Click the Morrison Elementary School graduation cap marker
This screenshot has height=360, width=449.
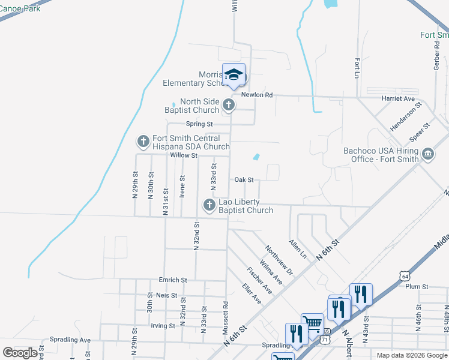234,75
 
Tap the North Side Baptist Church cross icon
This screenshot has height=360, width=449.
228,106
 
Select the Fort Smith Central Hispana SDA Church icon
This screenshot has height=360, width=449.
143,142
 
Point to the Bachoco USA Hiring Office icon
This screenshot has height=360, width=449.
428,155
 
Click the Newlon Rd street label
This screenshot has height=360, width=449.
257,95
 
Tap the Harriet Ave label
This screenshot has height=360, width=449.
398,98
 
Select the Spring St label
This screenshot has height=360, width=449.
199,124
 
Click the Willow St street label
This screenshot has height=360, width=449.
184,155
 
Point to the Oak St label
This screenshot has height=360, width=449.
244,179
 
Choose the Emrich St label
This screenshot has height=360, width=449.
173,280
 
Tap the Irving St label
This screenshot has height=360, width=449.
163,326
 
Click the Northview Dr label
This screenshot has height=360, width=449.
279,261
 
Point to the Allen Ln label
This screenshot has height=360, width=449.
298,249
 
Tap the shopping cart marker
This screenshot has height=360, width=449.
312,323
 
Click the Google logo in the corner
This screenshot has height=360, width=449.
20,353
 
